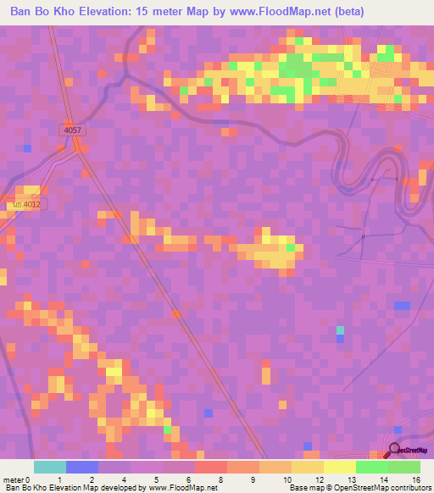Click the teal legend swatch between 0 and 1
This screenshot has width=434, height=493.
click(x=50, y=467)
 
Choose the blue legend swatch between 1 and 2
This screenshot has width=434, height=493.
click(x=82, y=467)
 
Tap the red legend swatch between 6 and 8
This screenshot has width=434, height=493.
click(x=211, y=467)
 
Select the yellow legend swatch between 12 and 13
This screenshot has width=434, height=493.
click(x=340, y=467)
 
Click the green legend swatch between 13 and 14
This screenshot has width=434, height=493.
click(x=372, y=467)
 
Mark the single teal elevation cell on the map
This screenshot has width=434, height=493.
click(x=340, y=330)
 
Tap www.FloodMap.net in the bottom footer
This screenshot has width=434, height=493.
click(x=181, y=488)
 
